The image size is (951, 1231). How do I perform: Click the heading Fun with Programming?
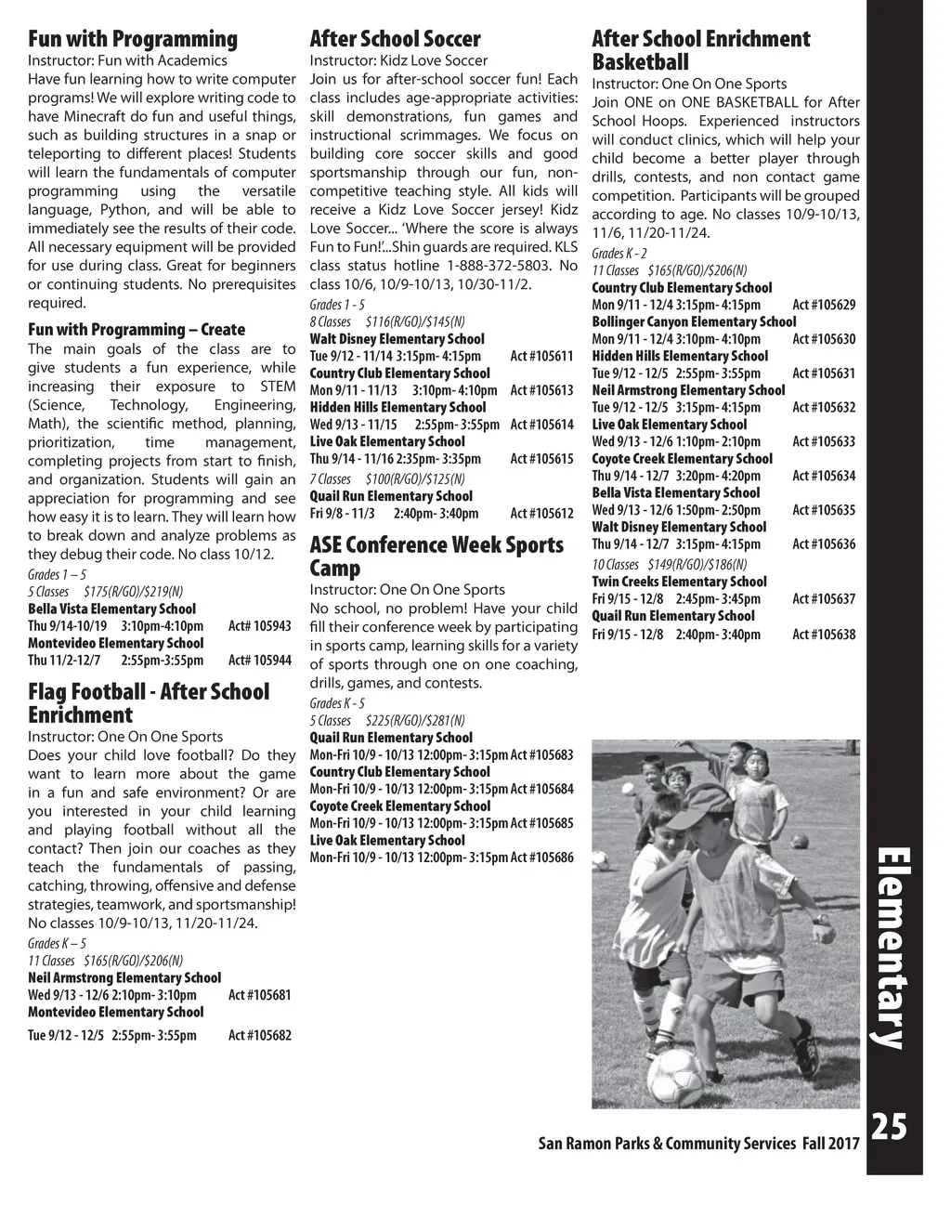click(133, 39)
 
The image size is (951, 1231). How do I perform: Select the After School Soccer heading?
click(395, 39)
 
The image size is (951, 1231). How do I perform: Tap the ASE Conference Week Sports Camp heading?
click(436, 556)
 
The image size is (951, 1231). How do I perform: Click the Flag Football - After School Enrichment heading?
click(149, 703)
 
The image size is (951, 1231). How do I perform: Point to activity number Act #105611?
click(541, 357)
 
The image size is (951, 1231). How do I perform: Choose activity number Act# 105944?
click(259, 661)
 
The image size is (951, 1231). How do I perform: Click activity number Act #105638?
click(824, 635)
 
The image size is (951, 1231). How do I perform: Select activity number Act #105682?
click(259, 1035)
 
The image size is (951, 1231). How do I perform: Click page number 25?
click(889, 1127)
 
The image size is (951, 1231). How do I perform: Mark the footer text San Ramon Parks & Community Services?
click(667, 1144)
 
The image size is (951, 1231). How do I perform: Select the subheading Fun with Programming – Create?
click(137, 330)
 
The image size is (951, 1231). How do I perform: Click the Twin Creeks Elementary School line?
click(679, 582)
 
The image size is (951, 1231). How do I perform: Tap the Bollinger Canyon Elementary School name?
click(694, 321)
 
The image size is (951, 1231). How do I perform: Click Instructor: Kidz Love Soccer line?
click(398, 60)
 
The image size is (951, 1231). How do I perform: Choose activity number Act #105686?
click(541, 858)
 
